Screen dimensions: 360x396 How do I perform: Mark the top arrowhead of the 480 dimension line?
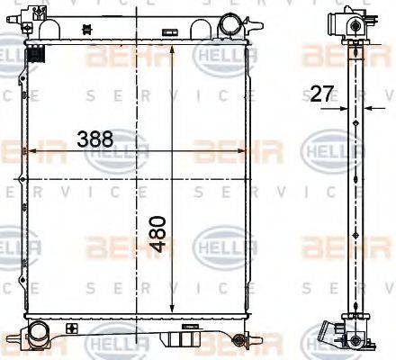172,45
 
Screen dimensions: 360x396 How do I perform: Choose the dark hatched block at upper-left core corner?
37,55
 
